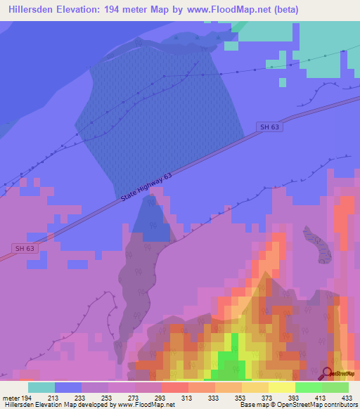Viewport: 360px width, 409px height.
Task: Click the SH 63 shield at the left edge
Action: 24,248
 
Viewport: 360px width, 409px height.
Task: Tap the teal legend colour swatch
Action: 41,387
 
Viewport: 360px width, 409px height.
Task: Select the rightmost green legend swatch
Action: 335,387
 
